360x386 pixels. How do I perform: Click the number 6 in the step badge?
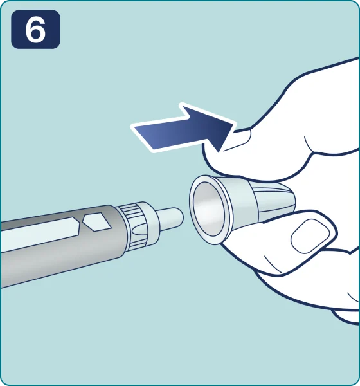(35, 30)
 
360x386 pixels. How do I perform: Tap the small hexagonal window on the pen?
(96, 222)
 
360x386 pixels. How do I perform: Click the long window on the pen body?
(40, 234)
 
